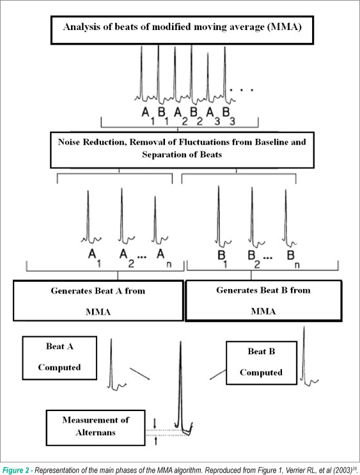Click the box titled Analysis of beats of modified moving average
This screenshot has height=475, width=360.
(182, 31)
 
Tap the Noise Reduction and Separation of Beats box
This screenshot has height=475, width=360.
(182, 150)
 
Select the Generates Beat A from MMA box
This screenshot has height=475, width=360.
(98, 300)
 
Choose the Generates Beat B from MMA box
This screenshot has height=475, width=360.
(263, 300)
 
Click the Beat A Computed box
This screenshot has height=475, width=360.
(59, 358)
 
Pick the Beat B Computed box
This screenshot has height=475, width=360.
(262, 363)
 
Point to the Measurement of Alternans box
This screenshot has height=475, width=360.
(96, 428)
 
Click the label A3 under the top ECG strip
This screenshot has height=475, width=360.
(213, 116)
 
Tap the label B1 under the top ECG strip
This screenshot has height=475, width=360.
(163, 116)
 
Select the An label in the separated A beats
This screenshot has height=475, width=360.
(164, 258)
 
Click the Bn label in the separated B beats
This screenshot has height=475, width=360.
(293, 260)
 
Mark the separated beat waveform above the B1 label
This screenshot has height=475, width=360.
(223, 216)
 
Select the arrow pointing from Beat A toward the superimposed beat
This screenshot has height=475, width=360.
(139, 373)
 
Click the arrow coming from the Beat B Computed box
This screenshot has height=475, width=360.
(218, 375)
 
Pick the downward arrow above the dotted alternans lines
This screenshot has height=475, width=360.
(155, 423)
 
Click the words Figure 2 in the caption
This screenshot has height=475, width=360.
(16, 470)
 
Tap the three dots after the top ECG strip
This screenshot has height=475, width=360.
(242, 90)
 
